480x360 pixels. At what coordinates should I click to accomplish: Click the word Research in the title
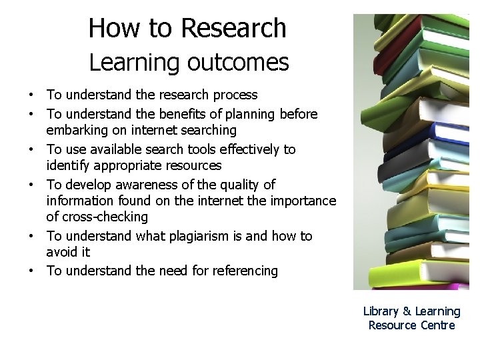tap(233, 28)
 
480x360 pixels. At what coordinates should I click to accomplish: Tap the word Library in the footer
tap(381, 311)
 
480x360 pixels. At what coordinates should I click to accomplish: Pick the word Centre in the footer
tap(437, 325)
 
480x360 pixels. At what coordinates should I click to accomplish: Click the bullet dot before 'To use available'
tap(31, 150)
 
